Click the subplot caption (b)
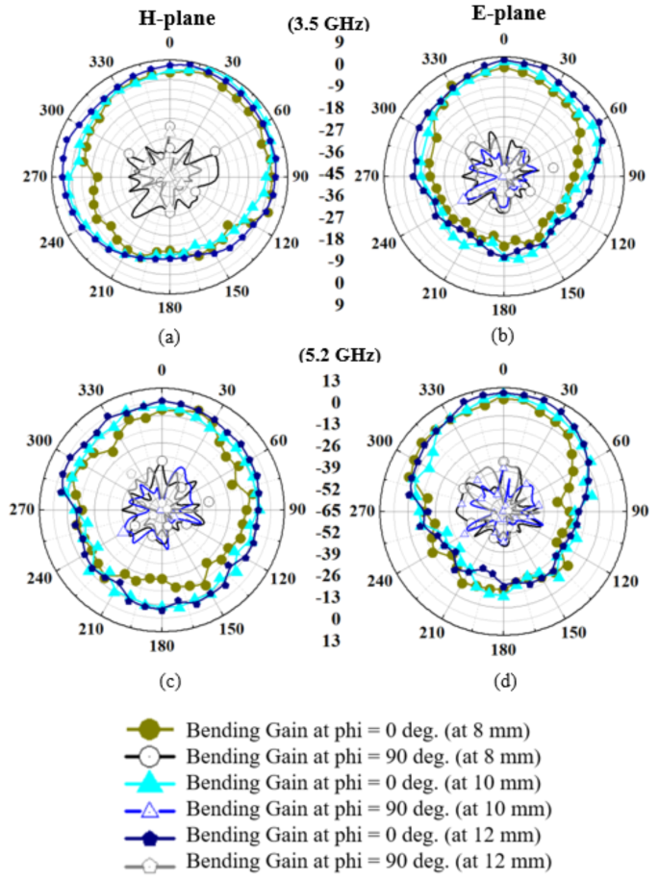502,337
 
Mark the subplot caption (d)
502,682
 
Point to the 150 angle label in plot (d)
573,632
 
